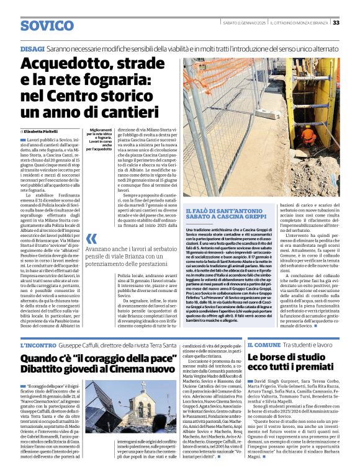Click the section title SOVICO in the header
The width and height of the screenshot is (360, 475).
(47, 25)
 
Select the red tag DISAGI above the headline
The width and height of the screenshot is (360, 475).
(32, 48)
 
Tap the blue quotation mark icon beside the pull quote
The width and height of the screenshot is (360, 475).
(91, 239)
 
